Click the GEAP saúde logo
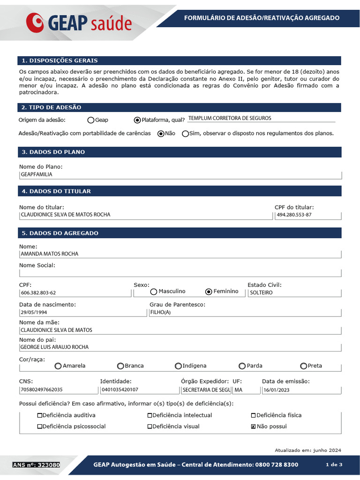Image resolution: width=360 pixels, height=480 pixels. click(x=79, y=22)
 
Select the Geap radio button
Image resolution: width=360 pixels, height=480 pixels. click(x=91, y=120)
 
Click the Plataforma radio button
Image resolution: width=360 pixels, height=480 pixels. click(x=137, y=120)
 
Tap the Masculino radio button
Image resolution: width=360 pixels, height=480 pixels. click(x=154, y=292)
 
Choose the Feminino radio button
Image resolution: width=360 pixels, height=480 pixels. click(x=209, y=292)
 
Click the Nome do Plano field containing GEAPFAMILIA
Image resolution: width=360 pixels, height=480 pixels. click(x=180, y=174)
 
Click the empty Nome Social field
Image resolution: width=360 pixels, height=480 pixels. click(x=180, y=273)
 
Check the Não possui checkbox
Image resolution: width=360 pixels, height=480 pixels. click(x=254, y=427)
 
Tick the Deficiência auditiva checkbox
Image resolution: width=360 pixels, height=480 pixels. click(x=40, y=415)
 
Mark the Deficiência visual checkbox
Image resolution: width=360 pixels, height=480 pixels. click(x=150, y=427)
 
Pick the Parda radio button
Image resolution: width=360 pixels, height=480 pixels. click(x=242, y=366)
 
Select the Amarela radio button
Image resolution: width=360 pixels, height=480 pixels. click(x=58, y=366)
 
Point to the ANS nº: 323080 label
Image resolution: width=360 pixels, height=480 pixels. click(x=36, y=465)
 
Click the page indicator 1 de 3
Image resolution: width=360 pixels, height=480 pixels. click(x=334, y=465)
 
